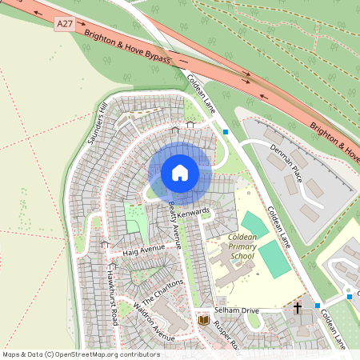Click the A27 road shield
coord(65,26)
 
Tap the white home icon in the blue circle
coord(179,173)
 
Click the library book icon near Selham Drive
coord(203,320)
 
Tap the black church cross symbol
coord(297,307)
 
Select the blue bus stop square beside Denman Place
coord(226,131)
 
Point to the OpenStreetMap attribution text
coord(81,354)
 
